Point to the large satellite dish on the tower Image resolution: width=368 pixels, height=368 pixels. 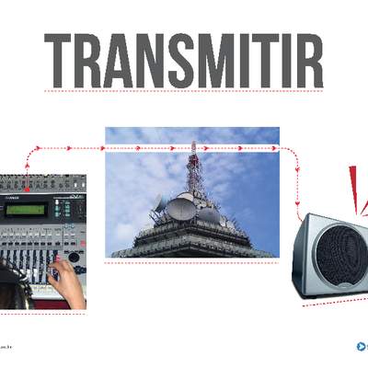coord(181,210)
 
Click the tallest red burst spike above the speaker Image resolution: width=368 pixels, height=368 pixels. coord(352,184)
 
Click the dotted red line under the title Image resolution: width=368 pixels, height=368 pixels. coord(184,91)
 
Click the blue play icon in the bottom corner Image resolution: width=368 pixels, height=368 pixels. coord(361,347)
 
